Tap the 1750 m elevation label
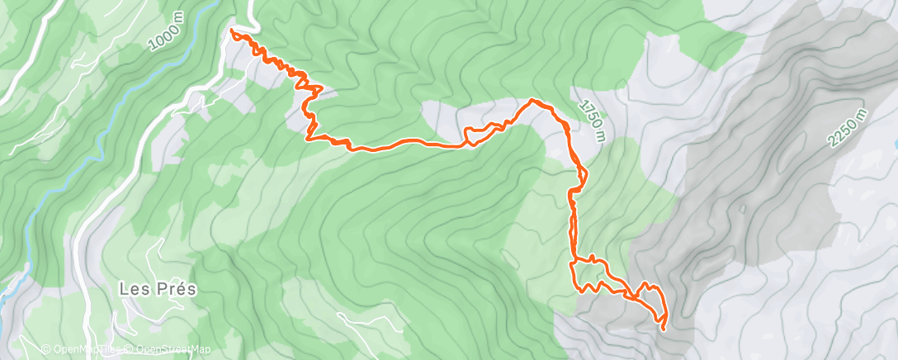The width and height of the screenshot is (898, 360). click(592, 120)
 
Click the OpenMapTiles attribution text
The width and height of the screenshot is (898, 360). click(83, 349)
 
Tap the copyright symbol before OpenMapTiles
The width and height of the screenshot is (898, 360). click(45, 349)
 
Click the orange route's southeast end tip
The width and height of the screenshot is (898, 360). click(663, 329)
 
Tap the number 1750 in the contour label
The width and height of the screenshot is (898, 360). click(589, 115)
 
